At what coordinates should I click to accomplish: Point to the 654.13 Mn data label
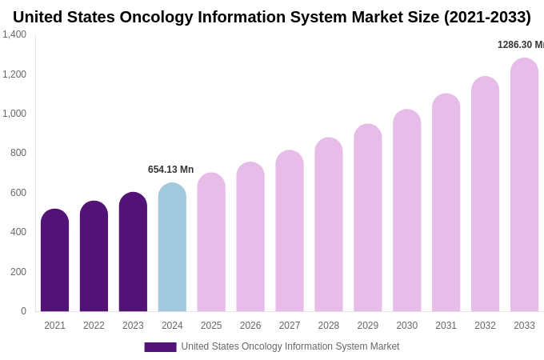[170, 170]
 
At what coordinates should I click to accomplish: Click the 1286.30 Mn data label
[520, 45]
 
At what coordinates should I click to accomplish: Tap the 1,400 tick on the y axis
[14, 34]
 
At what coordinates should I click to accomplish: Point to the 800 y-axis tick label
[18, 153]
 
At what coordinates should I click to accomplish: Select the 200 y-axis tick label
[18, 272]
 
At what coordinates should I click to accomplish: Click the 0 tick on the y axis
[23, 311]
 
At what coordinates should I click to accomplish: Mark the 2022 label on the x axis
[94, 326]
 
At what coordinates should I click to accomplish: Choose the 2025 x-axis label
[211, 326]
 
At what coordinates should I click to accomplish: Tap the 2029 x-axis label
[368, 326]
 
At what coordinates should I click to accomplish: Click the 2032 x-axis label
[485, 326]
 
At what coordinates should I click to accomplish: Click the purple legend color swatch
[160, 347]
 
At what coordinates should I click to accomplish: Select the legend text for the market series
[290, 346]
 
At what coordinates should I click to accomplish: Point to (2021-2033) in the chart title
[487, 17]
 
